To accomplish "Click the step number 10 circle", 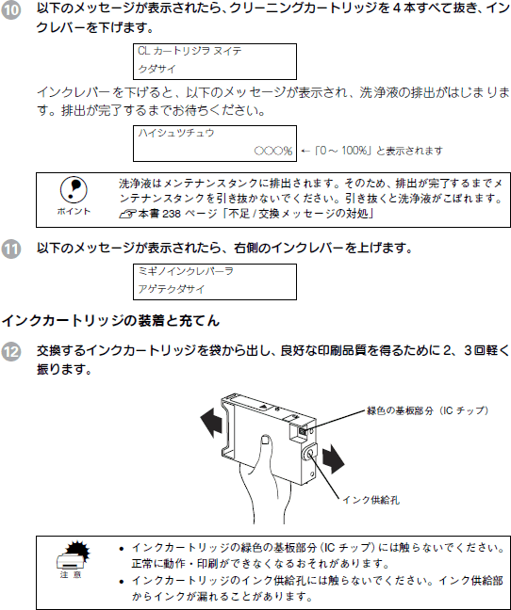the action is click(10, 10).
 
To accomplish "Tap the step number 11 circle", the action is click(10, 249).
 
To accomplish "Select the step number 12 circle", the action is click(10, 352).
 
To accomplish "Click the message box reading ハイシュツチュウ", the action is click(215, 143).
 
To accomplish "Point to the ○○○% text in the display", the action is click(273, 151).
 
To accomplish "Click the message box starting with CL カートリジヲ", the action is click(215, 61).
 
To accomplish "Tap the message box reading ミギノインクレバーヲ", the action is click(215, 281).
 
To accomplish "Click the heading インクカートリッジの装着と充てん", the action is click(111, 321).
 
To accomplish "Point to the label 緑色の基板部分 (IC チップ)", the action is click(427, 410).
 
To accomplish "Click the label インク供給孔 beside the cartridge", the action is click(371, 500).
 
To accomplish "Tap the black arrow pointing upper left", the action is click(212, 422).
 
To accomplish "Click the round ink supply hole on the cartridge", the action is click(310, 453).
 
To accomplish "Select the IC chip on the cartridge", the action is click(303, 431).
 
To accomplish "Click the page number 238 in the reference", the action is click(172, 214).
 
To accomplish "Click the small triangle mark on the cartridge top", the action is click(264, 407).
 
